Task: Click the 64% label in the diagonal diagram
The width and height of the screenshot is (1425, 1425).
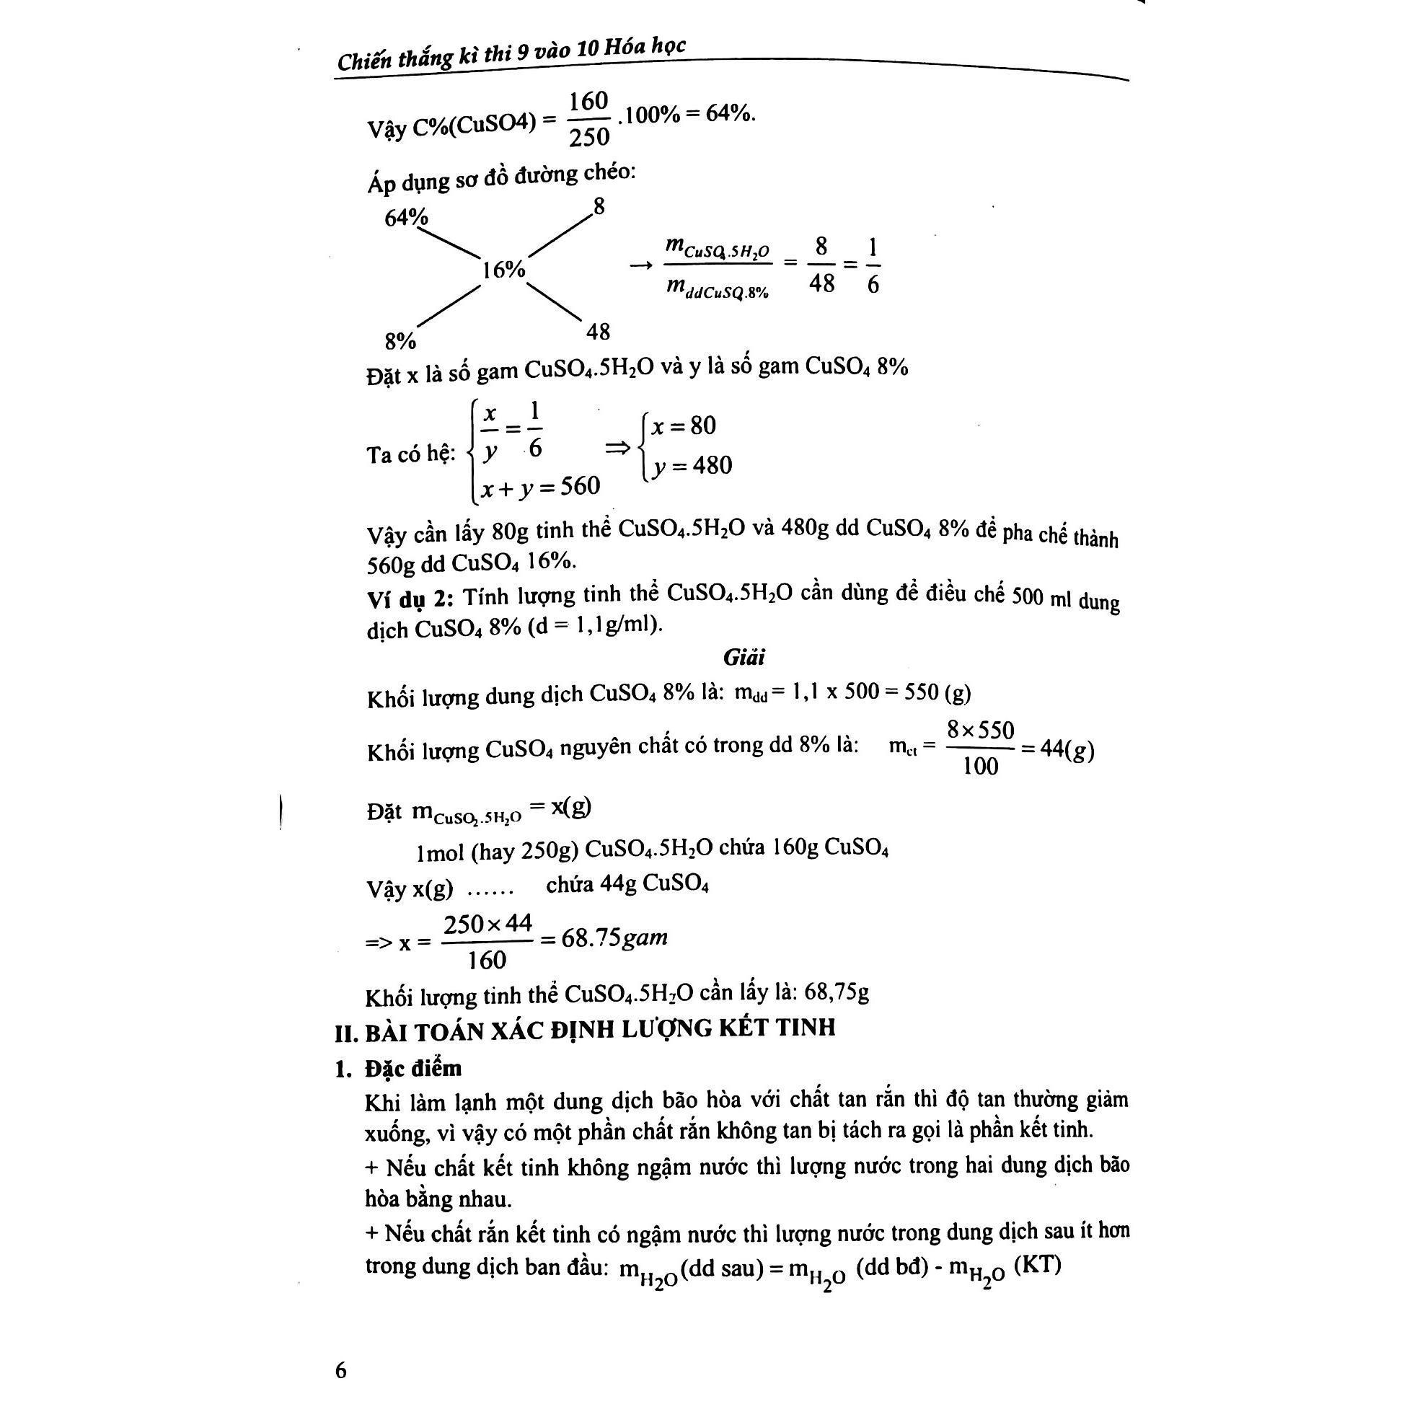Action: (x=407, y=218)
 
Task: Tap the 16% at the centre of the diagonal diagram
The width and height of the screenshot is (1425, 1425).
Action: (x=504, y=270)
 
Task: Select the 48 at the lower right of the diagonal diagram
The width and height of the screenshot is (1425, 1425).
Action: (x=598, y=332)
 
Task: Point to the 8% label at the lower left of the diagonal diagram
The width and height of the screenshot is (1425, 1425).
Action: (x=400, y=341)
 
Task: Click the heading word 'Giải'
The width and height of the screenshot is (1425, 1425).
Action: (x=744, y=656)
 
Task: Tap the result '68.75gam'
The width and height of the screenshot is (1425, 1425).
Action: (x=614, y=938)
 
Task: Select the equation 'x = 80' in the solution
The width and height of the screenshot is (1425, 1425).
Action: (x=684, y=425)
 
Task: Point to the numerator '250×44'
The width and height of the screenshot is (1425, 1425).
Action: (x=487, y=924)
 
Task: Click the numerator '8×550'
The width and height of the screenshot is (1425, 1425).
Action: (x=980, y=731)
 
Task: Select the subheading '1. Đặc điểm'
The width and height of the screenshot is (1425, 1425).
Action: (x=398, y=1069)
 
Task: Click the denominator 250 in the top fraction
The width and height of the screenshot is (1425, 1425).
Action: (x=589, y=137)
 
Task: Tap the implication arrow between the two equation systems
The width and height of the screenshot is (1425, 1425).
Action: (x=618, y=447)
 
